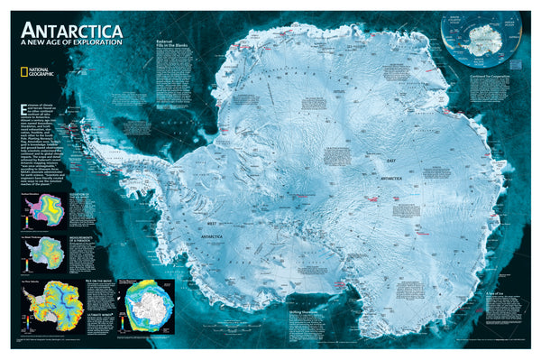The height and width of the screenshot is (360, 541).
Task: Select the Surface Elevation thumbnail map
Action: coord(43,211)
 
